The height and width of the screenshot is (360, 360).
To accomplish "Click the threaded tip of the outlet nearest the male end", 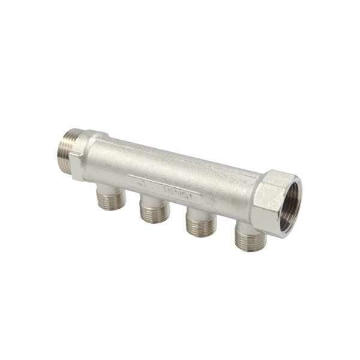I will [112, 202].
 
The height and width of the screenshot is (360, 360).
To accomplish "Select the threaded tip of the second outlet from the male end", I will [155, 213].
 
